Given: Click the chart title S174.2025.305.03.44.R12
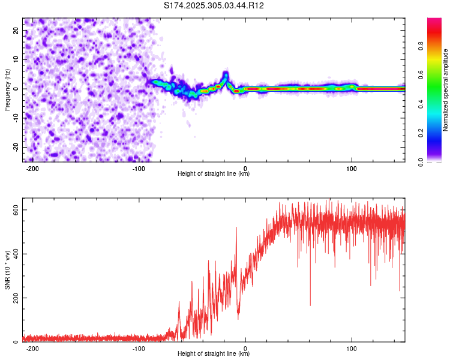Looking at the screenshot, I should click(x=214, y=5).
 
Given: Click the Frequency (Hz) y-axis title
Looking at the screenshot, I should click(x=7, y=89).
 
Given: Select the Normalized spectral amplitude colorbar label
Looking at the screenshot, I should click(x=446, y=90).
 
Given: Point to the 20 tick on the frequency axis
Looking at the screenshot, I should click(x=16, y=30).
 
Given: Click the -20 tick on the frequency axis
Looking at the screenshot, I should click(x=15, y=147).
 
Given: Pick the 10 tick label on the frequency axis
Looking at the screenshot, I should click(x=16, y=59).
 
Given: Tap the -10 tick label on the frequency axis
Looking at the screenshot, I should click(x=15, y=118).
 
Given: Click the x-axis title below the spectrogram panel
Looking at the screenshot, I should click(x=214, y=174).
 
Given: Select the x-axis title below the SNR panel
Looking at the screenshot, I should click(x=214, y=354).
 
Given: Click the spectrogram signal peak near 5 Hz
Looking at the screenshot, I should click(x=226, y=74).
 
